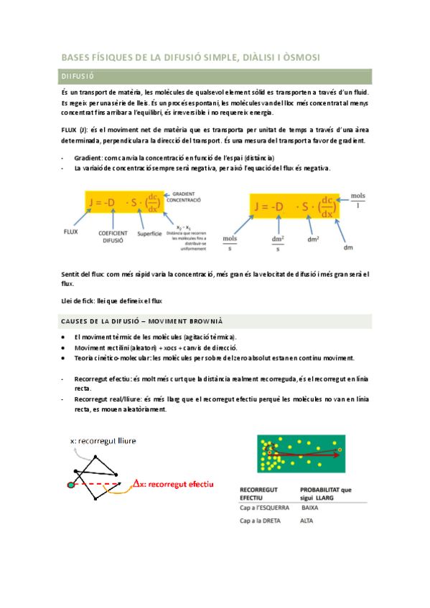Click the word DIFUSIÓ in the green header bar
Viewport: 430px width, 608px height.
(x=79, y=75)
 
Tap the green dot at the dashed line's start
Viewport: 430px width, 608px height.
(x=71, y=485)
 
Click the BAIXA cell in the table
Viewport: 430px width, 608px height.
(x=309, y=507)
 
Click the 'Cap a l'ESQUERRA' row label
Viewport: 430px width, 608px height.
(x=263, y=507)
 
